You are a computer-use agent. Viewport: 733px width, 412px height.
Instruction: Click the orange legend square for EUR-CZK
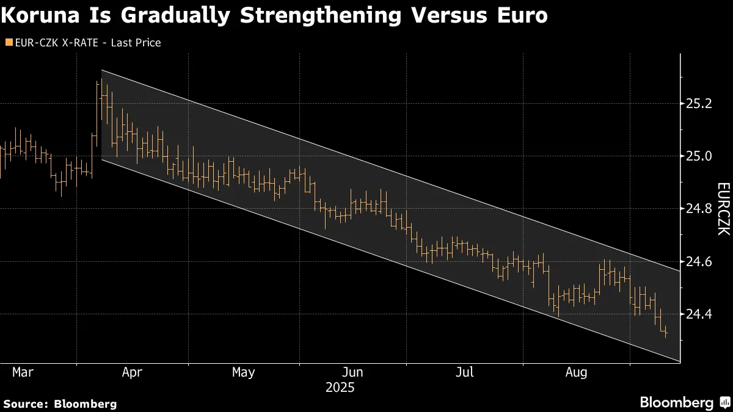point(8,43)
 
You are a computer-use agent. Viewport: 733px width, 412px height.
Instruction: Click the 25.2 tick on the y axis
point(699,104)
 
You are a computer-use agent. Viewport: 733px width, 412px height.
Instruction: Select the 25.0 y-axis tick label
point(699,156)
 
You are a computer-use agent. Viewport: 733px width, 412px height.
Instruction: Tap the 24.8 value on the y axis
point(699,209)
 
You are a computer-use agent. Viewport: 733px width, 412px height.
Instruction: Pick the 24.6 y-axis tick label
point(699,261)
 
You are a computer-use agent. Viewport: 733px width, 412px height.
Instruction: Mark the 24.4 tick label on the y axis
point(699,314)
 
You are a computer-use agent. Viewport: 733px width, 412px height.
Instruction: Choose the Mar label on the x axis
point(23,372)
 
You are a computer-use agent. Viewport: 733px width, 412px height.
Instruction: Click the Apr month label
point(132,372)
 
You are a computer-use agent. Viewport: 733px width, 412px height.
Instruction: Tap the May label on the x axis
point(243,372)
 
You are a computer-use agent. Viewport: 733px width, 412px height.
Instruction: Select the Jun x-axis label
point(353,372)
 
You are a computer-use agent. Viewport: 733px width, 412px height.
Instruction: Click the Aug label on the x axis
point(576,372)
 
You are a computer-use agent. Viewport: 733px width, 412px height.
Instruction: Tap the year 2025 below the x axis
point(340,388)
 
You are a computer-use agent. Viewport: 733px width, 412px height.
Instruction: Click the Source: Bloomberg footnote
point(60,403)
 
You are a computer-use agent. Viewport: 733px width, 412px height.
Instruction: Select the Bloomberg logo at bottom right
point(684,402)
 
